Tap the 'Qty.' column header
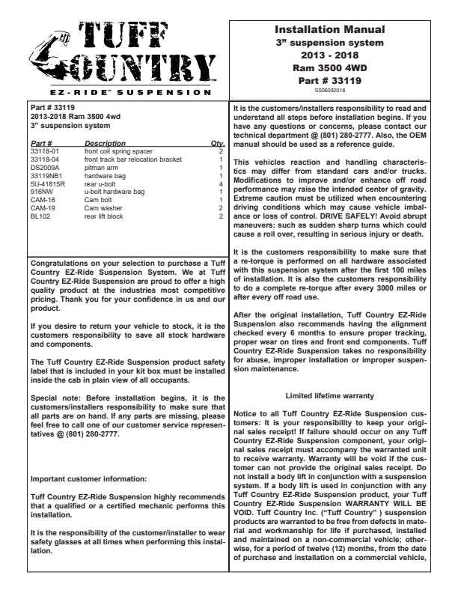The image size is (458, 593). tap(217, 142)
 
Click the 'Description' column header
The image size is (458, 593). tap(105, 142)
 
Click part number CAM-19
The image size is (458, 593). tap(41, 207)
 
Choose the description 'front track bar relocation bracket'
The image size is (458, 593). tap(132, 159)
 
